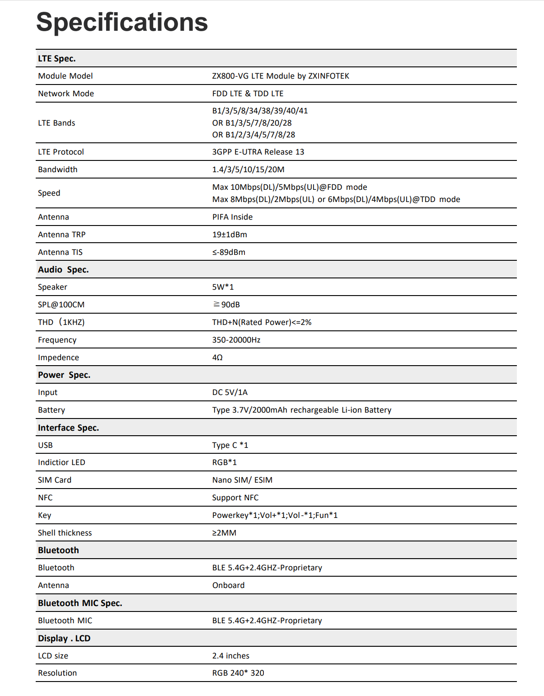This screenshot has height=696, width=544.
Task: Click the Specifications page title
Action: click(x=122, y=22)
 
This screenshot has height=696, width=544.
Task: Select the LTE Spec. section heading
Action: click(x=57, y=58)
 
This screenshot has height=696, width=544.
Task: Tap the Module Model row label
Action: click(x=66, y=76)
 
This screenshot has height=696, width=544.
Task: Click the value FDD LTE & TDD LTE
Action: click(x=248, y=94)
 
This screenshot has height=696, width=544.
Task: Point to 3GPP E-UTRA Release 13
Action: click(x=258, y=152)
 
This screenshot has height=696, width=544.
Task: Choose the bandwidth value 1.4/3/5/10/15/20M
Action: click(x=248, y=169)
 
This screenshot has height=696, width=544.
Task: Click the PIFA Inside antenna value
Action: click(x=232, y=217)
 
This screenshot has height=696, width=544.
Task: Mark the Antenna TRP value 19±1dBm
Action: click(x=230, y=235)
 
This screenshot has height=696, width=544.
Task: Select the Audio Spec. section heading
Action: click(x=63, y=270)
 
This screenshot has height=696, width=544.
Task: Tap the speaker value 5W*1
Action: click(x=223, y=287)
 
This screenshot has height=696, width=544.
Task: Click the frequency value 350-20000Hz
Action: click(x=236, y=340)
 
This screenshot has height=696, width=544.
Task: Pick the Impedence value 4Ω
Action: click(x=217, y=357)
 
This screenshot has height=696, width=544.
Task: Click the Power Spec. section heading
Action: click(x=64, y=375)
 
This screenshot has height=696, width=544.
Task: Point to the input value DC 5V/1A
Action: click(x=230, y=392)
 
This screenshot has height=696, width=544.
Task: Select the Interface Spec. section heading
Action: click(x=68, y=428)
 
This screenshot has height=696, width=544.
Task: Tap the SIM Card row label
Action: click(x=55, y=480)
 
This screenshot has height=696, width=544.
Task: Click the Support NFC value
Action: click(x=235, y=498)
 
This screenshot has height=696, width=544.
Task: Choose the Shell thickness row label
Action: click(x=65, y=533)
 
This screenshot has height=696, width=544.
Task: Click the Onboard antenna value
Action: click(x=228, y=585)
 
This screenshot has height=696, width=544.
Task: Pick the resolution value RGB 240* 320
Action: click(x=238, y=673)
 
